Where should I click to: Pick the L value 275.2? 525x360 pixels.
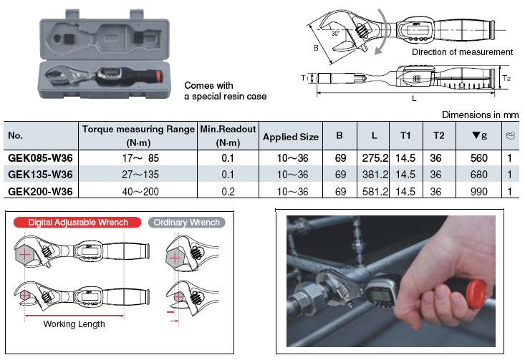pos(375,157)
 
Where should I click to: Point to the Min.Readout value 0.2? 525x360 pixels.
pos(227,192)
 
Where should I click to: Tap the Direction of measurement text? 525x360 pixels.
pos(462,52)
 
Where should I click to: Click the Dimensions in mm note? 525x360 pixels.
pos(479,115)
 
